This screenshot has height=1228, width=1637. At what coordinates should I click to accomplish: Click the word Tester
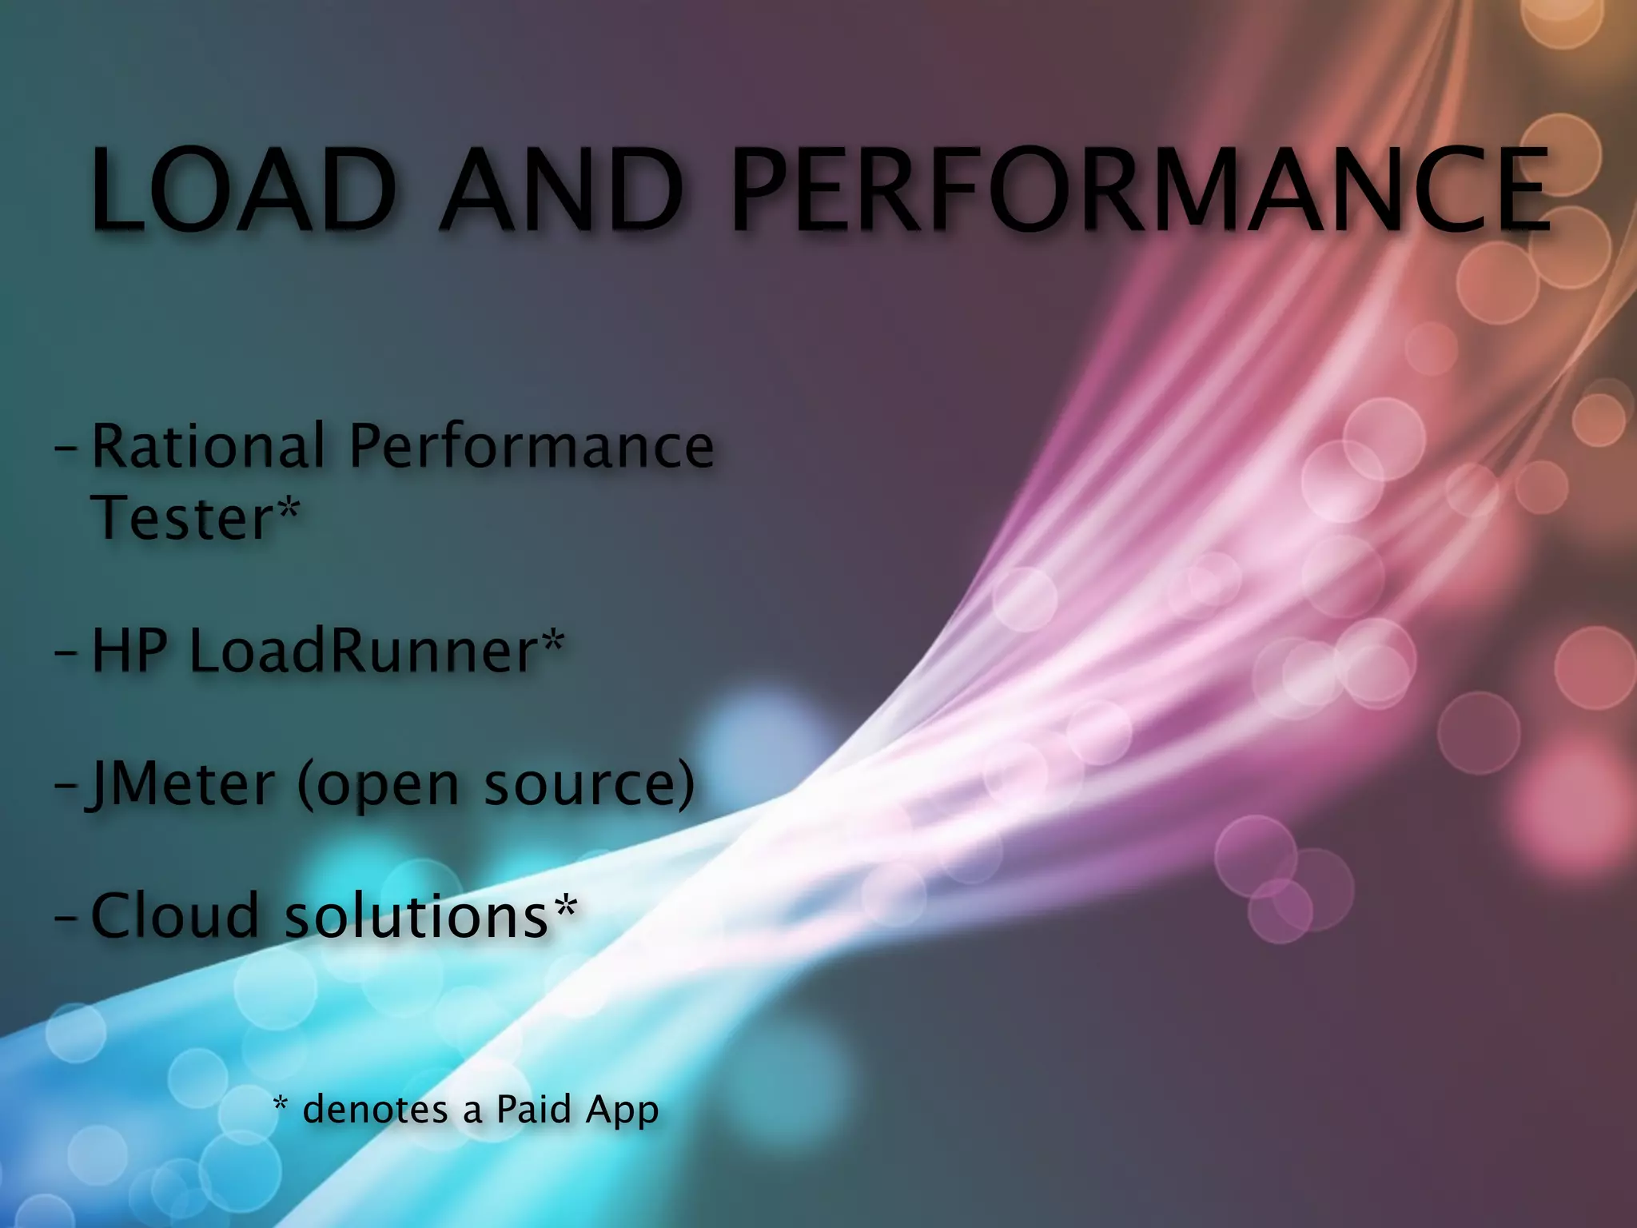point(183,518)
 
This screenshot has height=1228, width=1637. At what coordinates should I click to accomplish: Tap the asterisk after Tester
point(289,508)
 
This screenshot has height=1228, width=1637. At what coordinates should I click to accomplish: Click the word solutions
point(416,915)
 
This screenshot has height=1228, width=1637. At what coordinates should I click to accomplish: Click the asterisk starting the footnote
point(281,1106)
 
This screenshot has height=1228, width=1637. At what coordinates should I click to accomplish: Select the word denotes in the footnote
point(376,1110)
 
